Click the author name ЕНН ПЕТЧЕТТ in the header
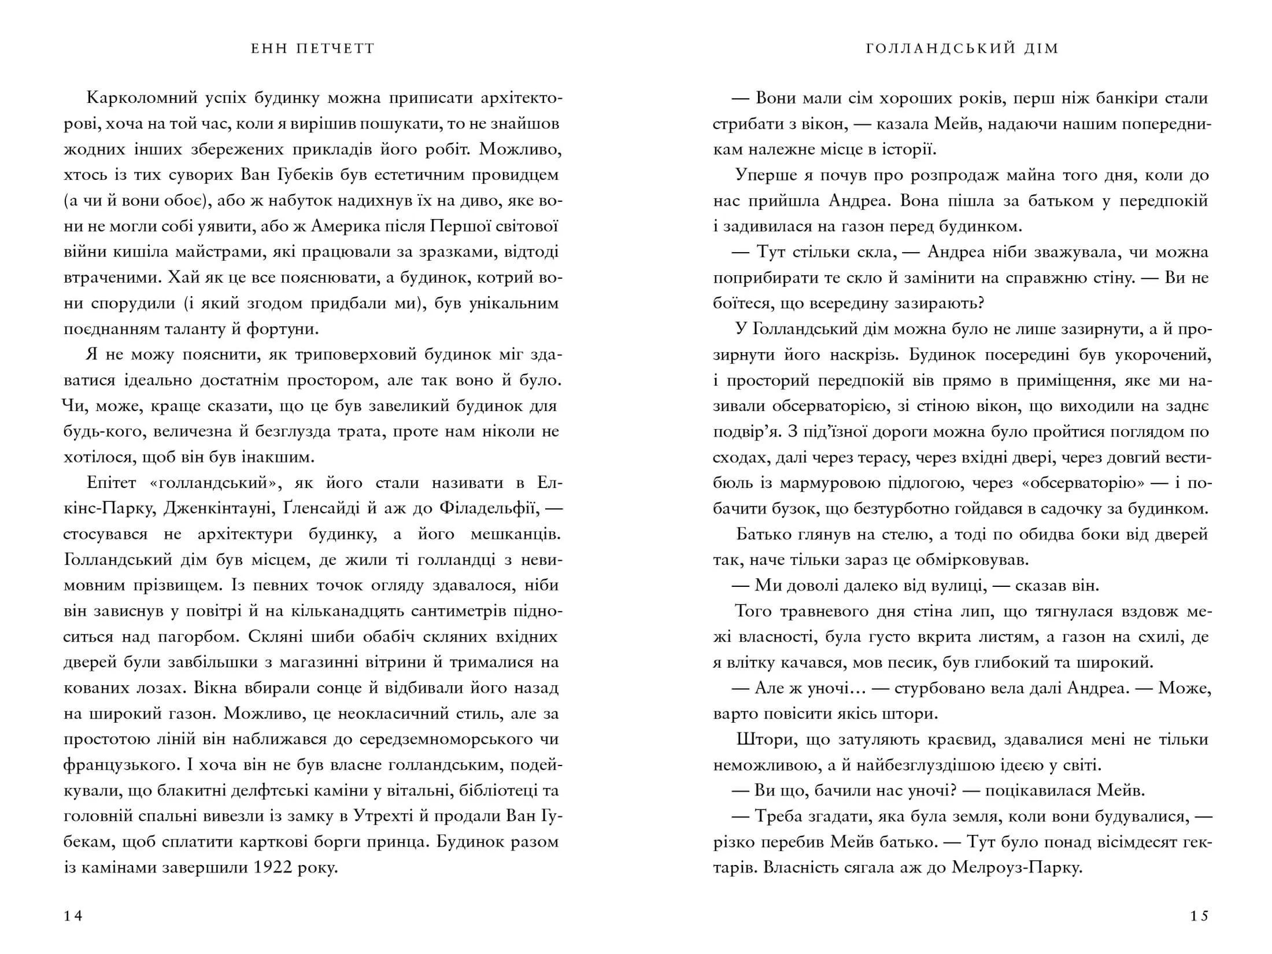(x=313, y=49)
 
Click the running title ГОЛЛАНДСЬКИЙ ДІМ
(x=962, y=49)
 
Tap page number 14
(x=73, y=916)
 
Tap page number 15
(x=1199, y=916)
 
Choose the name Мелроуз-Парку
(x=1016, y=867)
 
